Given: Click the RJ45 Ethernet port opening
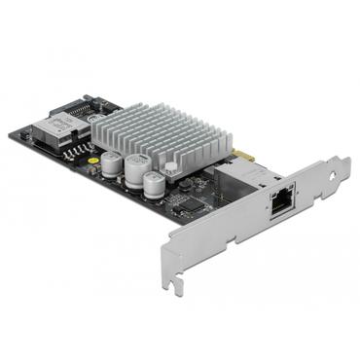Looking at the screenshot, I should click(x=282, y=205).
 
